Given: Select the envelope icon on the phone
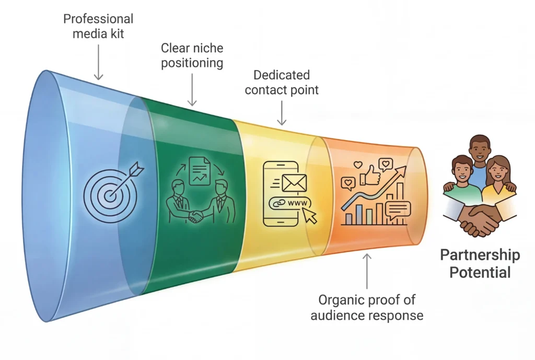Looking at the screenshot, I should point(294,183).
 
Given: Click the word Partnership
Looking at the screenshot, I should point(480,255).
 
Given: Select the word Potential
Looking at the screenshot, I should point(480,272).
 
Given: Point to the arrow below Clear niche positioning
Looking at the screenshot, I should point(192,89).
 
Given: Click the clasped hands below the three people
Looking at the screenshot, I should point(479,220).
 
